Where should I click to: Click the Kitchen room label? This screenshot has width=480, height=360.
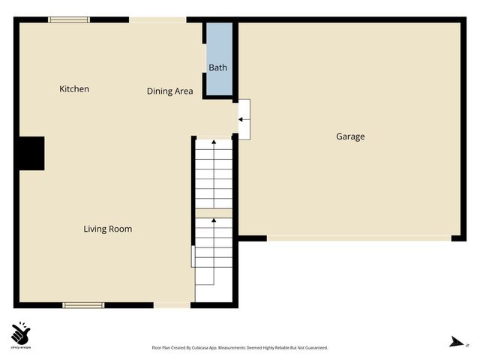coord(74,89)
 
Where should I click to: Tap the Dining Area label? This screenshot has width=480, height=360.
coord(169,91)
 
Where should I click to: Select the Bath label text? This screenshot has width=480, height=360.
coord(217,68)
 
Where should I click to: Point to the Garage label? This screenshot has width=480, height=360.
coord(350,136)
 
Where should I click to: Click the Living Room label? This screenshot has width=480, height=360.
coord(107,229)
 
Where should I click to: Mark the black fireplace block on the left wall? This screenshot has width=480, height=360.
coord(31,152)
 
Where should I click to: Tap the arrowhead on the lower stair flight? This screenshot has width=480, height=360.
coord(214,221)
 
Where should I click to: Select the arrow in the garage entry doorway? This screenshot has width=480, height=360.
coord(242,118)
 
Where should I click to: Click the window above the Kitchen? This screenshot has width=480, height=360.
coord(69,19)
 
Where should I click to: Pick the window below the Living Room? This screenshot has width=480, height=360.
coord(82,304)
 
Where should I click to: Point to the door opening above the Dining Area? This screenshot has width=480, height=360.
coord(157,19)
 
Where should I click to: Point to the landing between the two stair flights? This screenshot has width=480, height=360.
coord(214,213)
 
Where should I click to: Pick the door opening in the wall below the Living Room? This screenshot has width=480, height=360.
coord(172,304)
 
